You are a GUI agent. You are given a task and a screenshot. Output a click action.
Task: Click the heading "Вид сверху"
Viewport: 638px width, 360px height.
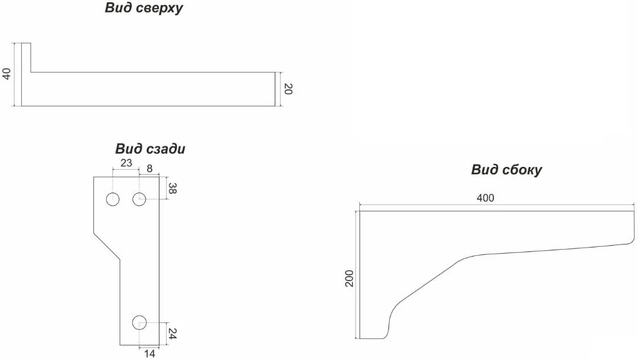tap(143, 8)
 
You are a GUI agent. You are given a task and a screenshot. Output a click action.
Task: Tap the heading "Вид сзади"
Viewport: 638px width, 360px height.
tap(150, 149)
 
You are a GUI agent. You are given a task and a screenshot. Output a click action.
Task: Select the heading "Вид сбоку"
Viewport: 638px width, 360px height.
tap(507, 169)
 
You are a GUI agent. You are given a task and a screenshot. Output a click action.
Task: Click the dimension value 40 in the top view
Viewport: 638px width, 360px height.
tap(6, 74)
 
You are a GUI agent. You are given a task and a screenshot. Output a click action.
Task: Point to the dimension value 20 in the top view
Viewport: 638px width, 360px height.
tap(288, 89)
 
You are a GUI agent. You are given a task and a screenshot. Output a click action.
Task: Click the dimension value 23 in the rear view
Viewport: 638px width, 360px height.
tap(126, 163)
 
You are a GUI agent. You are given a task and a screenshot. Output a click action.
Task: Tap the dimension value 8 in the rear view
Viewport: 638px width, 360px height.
tap(149, 168)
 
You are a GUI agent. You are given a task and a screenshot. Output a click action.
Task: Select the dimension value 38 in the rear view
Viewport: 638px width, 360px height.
tap(172, 188)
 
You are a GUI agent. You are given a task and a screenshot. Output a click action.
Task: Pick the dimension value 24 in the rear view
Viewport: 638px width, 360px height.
tap(172, 334)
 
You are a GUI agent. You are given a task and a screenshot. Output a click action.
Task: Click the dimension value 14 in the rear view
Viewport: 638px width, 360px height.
tap(149, 354)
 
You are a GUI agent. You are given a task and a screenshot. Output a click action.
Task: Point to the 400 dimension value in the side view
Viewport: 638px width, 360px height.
tap(485, 198)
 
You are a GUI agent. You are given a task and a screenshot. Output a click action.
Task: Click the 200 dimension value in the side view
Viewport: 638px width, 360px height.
tap(349, 278)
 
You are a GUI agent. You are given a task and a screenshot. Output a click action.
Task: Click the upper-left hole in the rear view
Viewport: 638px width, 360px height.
tap(113, 199)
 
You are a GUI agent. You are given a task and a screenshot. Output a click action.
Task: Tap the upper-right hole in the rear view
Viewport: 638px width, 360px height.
tap(139, 199)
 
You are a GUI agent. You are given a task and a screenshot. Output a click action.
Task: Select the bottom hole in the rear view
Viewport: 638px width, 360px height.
tap(139, 322)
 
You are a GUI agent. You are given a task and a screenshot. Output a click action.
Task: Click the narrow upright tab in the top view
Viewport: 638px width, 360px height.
tap(26, 57)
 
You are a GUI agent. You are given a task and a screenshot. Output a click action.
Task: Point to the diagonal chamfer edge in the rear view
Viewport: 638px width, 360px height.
tap(107, 246)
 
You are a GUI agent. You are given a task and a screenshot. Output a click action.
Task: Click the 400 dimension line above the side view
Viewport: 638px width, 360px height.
tap(497, 205)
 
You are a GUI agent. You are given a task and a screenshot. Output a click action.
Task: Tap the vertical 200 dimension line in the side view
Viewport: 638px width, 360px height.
tap(357, 274)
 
